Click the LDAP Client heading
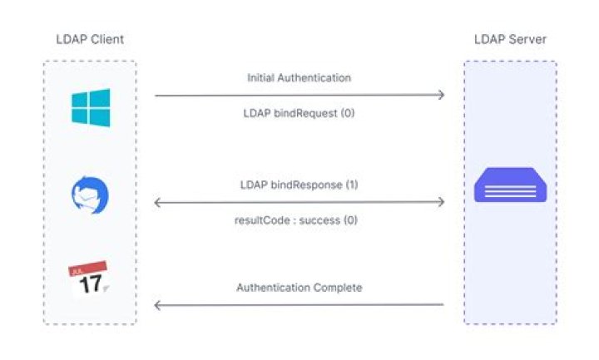pos(89,39)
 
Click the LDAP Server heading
pos(509,39)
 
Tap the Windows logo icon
pos(90,108)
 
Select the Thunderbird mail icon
pos(90,196)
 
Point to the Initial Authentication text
pos(299,77)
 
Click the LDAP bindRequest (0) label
pos(299,112)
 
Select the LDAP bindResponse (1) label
pos(299,184)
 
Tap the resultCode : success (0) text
pos(299,220)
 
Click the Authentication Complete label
pos(299,288)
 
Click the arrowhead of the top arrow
pos(440,96)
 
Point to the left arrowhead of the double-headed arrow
pos(158,202)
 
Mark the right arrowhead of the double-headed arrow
pos(440,202)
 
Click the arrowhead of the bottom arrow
pos(158,305)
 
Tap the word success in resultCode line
pos(317,220)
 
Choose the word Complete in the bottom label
pos(337,288)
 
